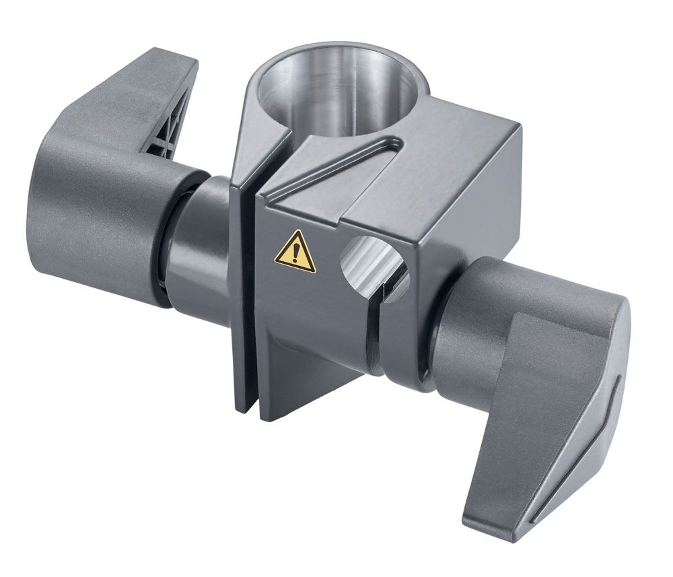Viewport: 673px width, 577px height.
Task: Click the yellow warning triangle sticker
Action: pyautogui.click(x=295, y=252)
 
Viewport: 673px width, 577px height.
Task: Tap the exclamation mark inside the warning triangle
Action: pyautogui.click(x=295, y=254)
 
